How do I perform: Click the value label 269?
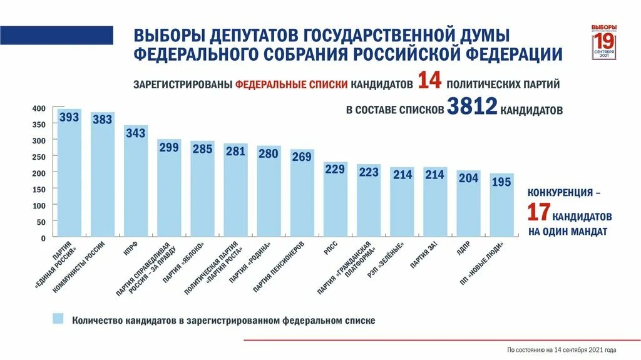point(302,157)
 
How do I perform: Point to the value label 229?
point(335,169)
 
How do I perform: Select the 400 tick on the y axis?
point(39,108)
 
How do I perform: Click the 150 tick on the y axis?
point(39,189)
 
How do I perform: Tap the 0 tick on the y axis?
point(43,239)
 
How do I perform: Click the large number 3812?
point(472,108)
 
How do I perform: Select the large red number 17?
point(538,213)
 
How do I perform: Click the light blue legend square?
point(58,319)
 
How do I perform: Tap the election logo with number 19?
point(604,43)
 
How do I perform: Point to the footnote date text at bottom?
point(562,349)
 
